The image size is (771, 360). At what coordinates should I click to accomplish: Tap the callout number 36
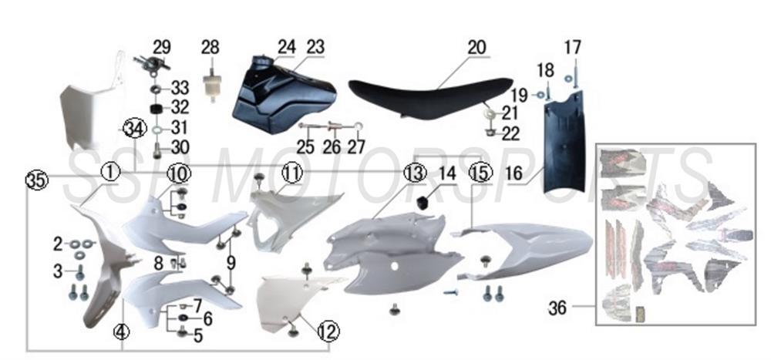[557, 308]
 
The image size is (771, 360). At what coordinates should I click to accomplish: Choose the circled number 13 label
[415, 173]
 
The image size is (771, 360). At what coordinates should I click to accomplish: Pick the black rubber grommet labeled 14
[423, 200]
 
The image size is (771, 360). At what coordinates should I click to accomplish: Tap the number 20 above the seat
[476, 48]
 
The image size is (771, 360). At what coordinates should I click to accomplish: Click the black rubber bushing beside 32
[157, 108]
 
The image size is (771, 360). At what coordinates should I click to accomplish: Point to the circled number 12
[328, 332]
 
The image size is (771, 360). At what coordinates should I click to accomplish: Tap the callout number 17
[572, 48]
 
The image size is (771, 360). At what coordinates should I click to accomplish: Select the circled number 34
[134, 129]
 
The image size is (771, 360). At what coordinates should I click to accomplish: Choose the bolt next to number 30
[157, 150]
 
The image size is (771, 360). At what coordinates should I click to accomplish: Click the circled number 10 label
[178, 173]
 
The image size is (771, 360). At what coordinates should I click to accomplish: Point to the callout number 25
[305, 147]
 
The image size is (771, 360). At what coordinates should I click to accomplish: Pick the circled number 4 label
[122, 332]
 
